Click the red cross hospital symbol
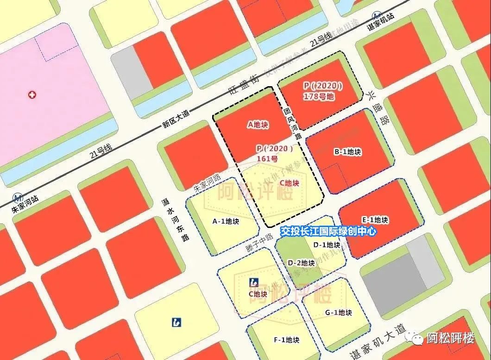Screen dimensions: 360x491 pos(32,95)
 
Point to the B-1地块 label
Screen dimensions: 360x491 pos(347,152)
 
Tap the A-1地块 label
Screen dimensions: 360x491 pos(226,221)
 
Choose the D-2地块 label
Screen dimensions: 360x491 pos(301,263)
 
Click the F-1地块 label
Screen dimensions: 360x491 pos(286,340)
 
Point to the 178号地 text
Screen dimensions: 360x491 pos(318,96)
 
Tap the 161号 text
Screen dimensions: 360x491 pos(267,158)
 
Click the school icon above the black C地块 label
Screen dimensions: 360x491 pos(253,282)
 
